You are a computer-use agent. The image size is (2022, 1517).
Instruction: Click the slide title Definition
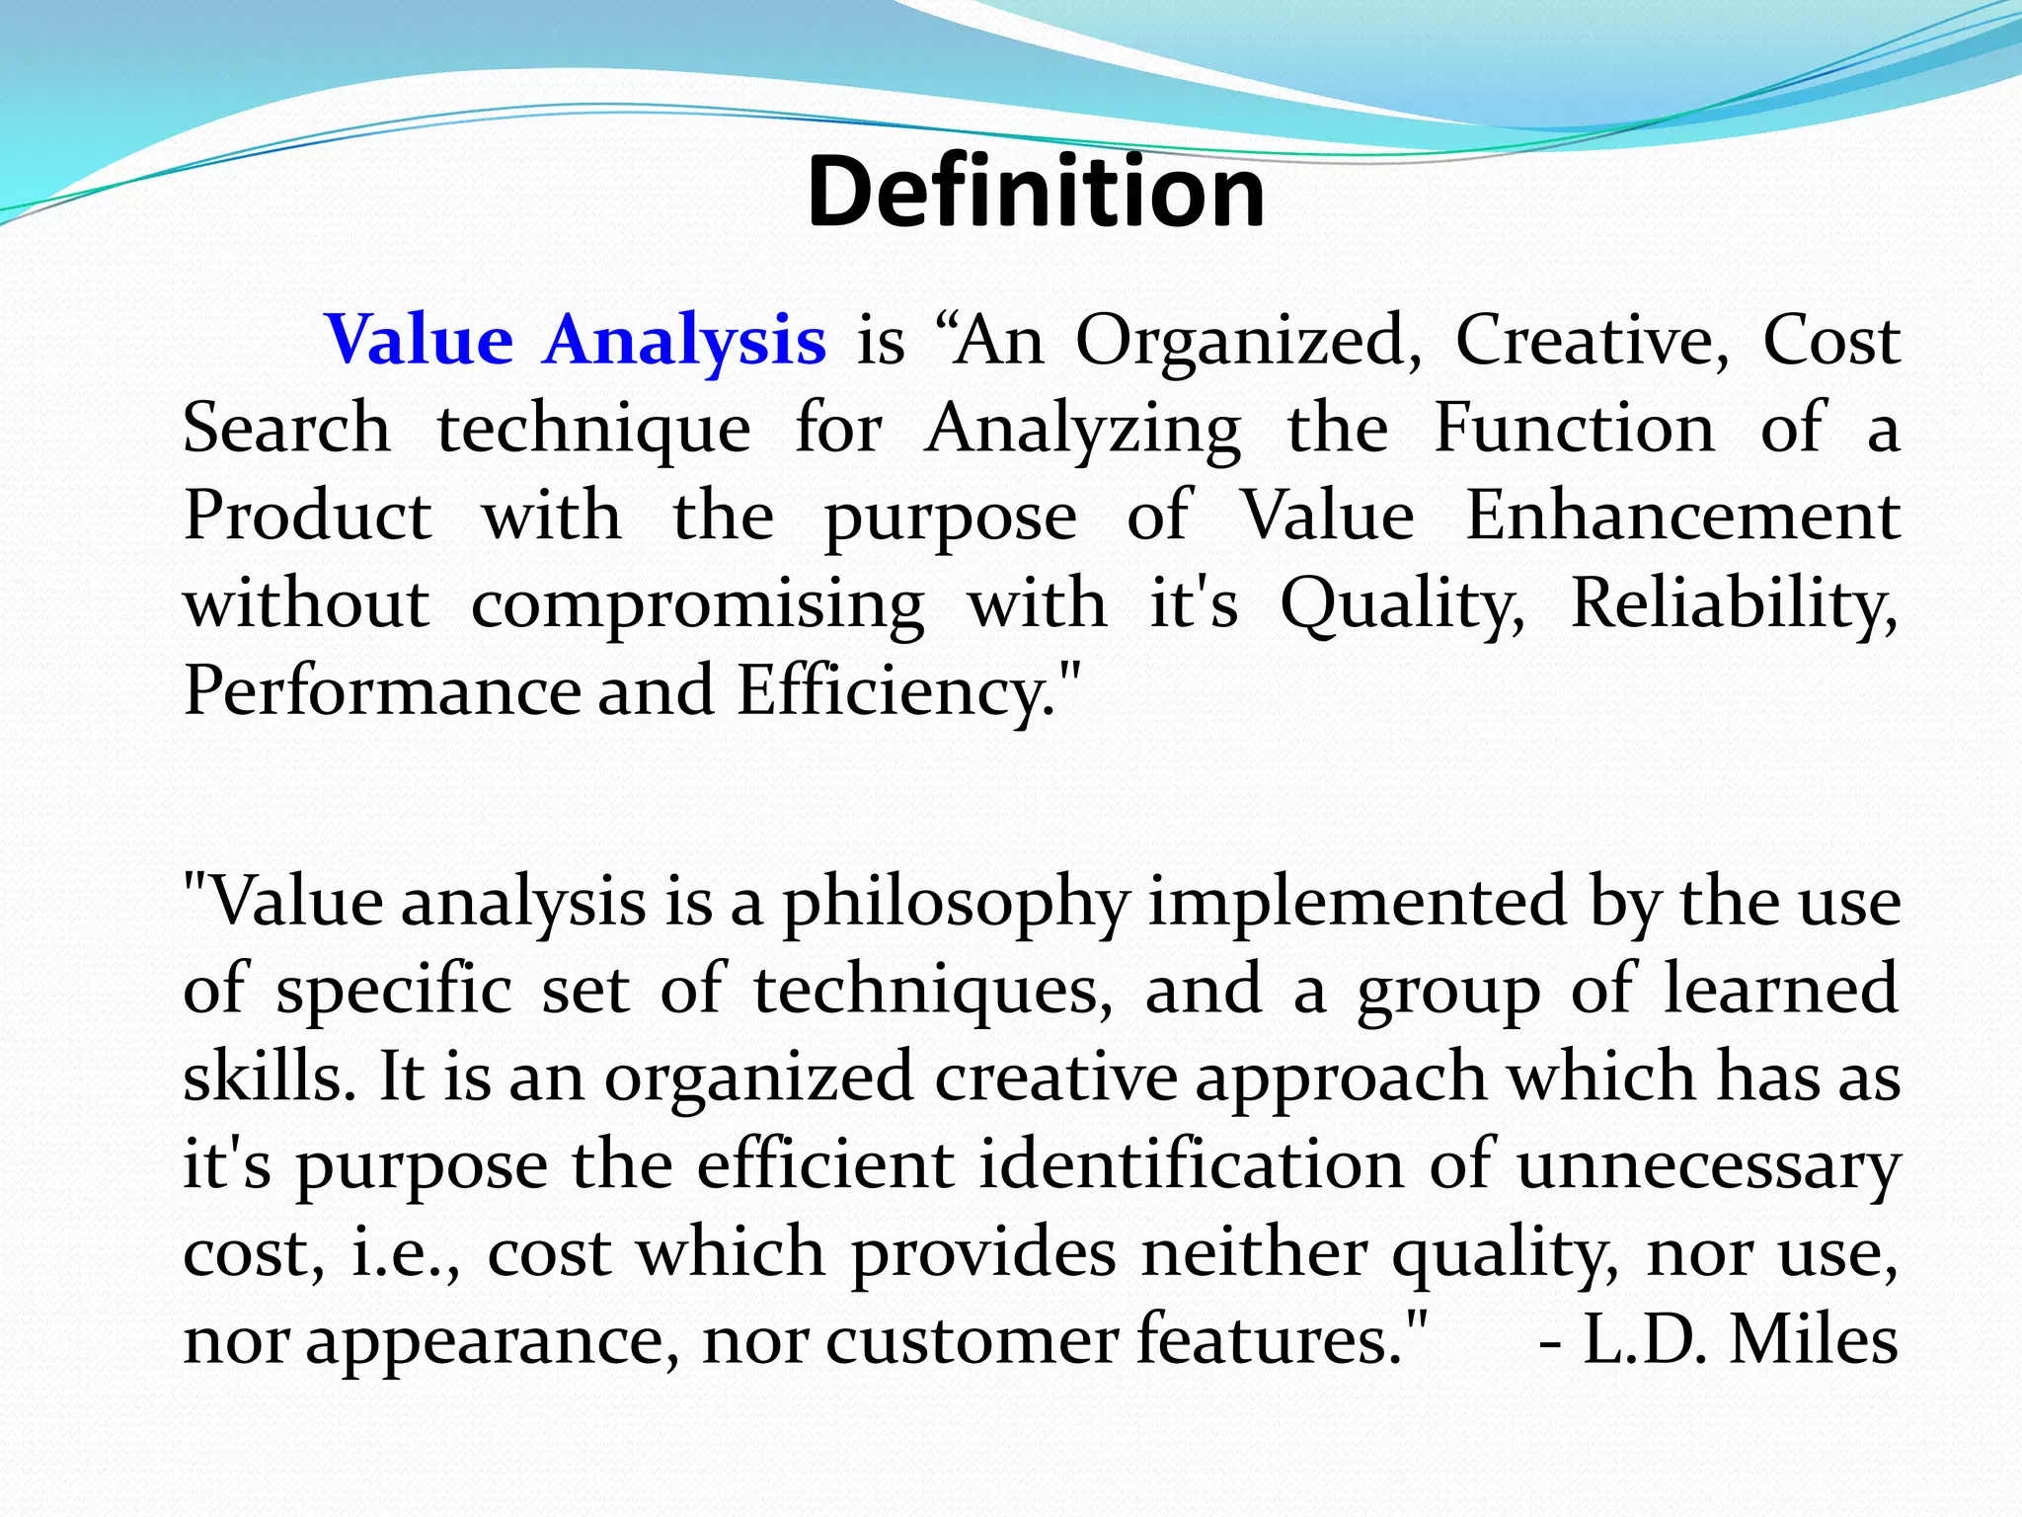click(1035, 192)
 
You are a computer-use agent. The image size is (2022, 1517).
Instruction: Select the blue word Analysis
click(684, 340)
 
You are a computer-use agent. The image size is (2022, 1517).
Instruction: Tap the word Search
click(286, 428)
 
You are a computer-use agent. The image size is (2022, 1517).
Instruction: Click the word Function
click(1574, 428)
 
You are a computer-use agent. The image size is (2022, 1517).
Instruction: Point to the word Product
click(307, 516)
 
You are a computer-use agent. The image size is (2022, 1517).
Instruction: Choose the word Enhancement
click(1681, 516)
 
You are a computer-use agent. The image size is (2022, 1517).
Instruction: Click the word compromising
click(697, 604)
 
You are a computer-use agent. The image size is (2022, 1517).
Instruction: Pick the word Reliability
click(1733, 602)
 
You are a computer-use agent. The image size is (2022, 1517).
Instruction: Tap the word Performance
click(382, 690)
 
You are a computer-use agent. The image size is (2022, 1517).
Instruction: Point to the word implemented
click(1357, 901)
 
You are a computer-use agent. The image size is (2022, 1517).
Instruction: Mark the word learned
click(1780, 989)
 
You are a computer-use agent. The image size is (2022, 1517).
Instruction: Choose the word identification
click(1191, 1164)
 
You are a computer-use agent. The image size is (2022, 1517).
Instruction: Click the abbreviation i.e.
click(405, 1252)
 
